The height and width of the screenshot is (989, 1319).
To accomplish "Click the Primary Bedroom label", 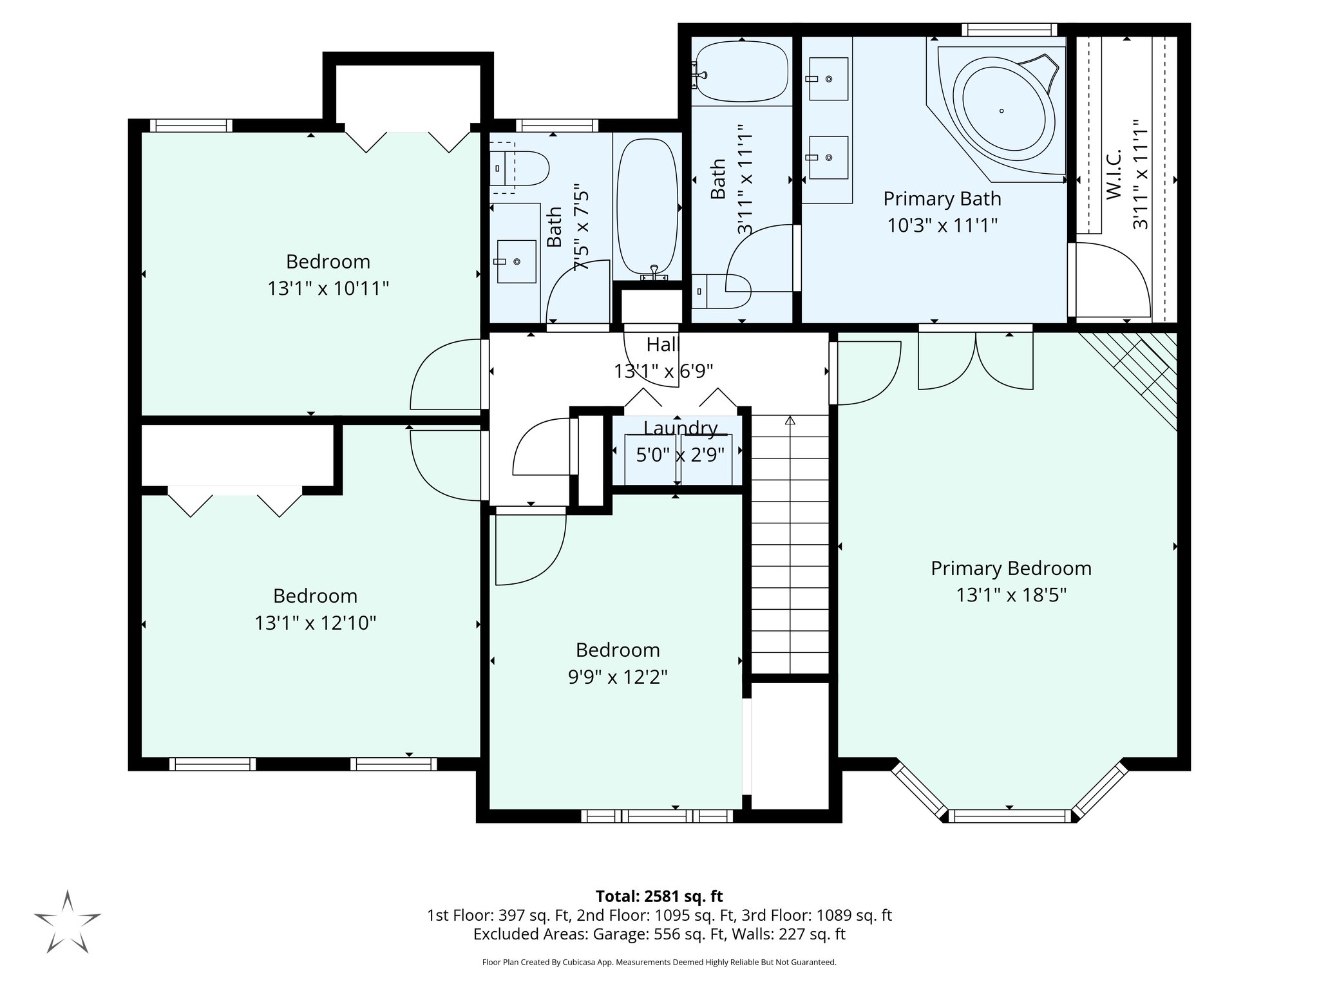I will (x=1011, y=568).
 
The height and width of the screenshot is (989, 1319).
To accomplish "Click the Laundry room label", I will (x=680, y=428).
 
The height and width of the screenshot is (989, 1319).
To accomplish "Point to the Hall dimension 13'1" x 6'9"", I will (x=663, y=372).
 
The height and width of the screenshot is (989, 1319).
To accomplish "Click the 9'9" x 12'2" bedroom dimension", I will (x=617, y=677).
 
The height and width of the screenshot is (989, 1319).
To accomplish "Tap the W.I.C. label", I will (x=1114, y=174).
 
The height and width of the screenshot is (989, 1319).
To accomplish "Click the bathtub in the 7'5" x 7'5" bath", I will (x=648, y=205).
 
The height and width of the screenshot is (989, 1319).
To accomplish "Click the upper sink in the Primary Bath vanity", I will (x=828, y=79).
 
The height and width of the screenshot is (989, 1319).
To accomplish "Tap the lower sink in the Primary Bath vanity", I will (x=828, y=157).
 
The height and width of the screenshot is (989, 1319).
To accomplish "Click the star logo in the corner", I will (x=68, y=921).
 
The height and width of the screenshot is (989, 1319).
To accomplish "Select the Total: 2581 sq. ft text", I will (x=659, y=896).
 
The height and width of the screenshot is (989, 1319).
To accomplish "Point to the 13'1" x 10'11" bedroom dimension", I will (x=328, y=288).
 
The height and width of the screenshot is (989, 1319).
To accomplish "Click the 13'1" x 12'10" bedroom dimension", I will (x=315, y=623).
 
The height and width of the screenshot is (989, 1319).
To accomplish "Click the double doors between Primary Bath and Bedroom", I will (x=975, y=361).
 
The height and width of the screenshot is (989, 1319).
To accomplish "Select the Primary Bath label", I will (x=942, y=199).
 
